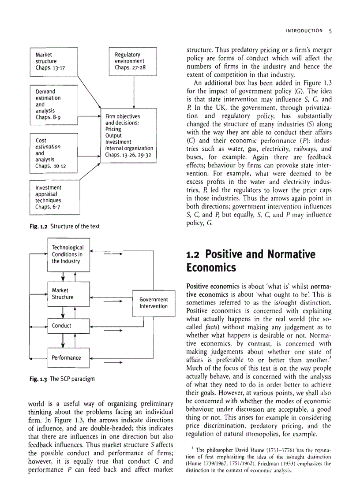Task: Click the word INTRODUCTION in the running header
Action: pyautogui.click(x=305, y=31)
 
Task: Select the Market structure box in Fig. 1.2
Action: pyautogui.click(x=53, y=61)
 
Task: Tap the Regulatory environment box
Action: pyautogui.click(x=133, y=61)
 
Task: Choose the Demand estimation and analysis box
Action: pyautogui.click(x=53, y=104)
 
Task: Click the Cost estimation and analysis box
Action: pyautogui.click(x=53, y=153)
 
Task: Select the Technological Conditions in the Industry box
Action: pyautogui.click(x=68, y=254)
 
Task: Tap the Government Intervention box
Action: pyautogui.click(x=154, y=303)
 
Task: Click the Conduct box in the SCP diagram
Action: pyautogui.click(x=68, y=326)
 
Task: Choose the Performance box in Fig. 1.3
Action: pyautogui.click(x=68, y=357)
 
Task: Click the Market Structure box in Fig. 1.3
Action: pyautogui.click(x=68, y=294)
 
